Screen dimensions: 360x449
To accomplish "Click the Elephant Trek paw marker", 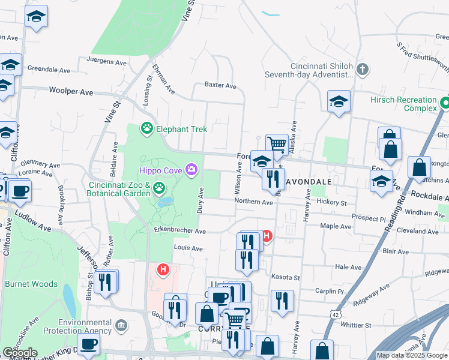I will click(146, 128).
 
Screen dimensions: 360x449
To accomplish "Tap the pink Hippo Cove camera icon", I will click(191, 169).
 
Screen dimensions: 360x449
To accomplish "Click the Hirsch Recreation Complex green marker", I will click(445, 103).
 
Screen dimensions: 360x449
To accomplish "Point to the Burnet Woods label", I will click(31, 284).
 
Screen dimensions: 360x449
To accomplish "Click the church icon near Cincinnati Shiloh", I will click(362, 69).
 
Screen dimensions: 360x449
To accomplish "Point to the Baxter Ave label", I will click(220, 85).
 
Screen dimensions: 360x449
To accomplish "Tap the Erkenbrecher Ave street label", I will click(180, 230).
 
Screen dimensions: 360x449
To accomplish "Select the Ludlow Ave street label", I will click(33, 220).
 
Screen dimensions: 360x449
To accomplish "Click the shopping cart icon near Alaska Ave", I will click(277, 144).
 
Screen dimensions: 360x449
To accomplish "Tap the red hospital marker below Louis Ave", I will click(163, 269).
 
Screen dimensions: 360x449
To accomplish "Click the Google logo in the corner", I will click(19, 353).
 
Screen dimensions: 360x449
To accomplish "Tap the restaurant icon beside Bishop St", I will click(106, 281).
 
